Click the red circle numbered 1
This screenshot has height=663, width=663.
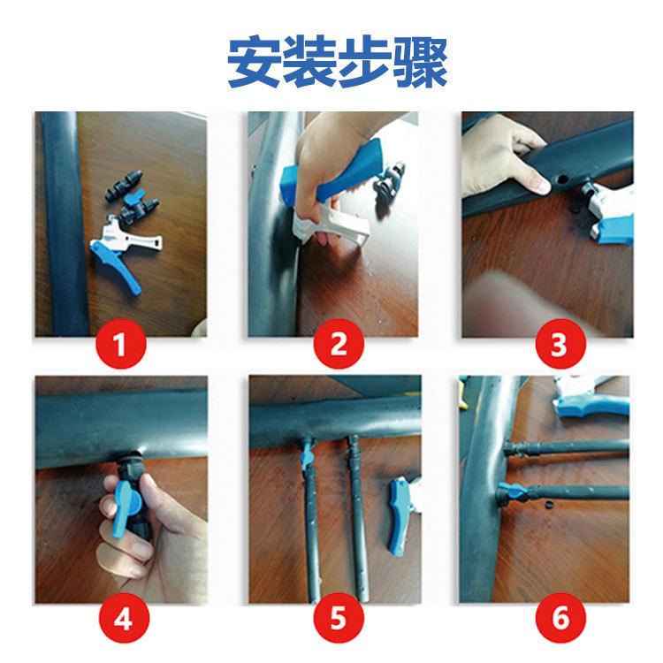(121, 344)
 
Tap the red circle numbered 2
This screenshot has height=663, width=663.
(339, 344)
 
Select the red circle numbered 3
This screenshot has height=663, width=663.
(560, 344)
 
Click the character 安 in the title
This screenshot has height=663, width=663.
(255, 63)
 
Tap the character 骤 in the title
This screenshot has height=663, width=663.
(420, 63)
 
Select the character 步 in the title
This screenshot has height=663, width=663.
(365, 63)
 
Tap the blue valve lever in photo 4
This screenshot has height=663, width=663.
(121, 510)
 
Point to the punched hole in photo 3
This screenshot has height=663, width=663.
(562, 179)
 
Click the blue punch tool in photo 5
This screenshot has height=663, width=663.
(399, 515)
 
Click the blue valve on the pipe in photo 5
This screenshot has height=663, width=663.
(308, 456)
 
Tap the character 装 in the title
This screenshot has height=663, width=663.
(310, 63)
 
